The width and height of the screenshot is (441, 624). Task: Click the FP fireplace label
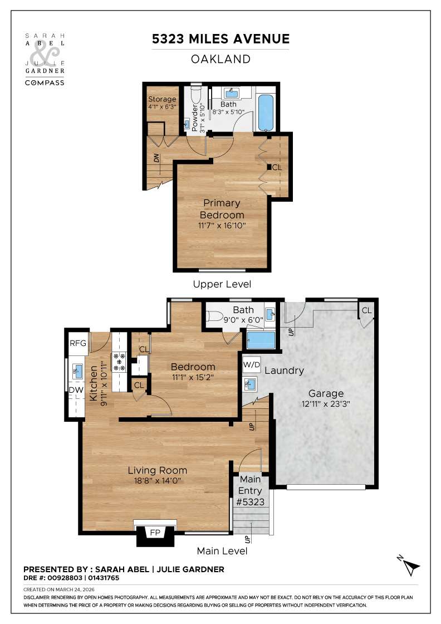coord(155,533)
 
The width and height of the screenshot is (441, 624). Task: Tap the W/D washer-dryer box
coord(251,365)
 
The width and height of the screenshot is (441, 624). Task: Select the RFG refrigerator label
coord(78,343)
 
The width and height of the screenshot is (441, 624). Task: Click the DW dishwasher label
coord(76,391)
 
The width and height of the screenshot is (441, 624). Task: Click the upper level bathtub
coord(266,113)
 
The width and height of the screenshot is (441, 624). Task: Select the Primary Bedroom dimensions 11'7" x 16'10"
coord(222,225)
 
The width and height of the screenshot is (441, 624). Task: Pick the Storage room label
coord(162,99)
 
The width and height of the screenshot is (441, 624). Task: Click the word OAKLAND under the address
coord(221,59)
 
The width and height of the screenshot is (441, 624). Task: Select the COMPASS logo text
coord(45,82)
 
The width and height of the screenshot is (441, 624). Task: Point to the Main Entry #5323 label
coord(250,490)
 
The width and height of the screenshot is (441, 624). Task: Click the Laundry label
coord(284,370)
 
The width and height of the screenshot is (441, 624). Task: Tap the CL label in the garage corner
coord(366,310)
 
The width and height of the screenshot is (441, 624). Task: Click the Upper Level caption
coord(222,284)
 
